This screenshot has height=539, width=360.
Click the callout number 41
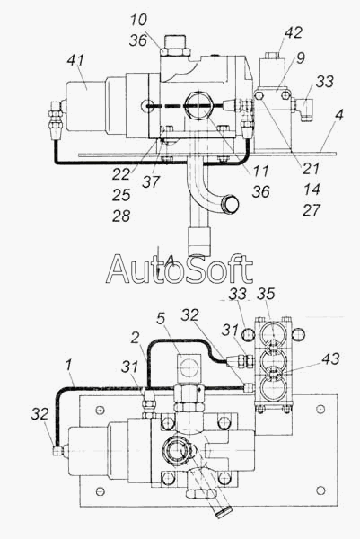click(75, 60)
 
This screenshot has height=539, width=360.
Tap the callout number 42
click(293, 32)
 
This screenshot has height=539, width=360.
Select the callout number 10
click(138, 20)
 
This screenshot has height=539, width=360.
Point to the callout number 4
click(338, 114)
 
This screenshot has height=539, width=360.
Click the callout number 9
click(300, 58)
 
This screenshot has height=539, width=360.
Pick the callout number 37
click(151, 181)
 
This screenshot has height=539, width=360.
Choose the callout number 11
click(260, 171)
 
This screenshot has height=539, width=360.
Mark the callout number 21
click(311, 169)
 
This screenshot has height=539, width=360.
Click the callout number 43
click(330, 358)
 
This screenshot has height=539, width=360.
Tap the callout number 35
click(266, 294)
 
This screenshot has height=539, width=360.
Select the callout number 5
click(161, 319)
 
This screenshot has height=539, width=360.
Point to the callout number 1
click(69, 365)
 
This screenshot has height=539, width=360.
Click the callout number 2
click(135, 339)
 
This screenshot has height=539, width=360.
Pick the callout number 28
click(121, 216)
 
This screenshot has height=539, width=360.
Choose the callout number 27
click(312, 210)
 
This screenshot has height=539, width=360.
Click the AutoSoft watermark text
click(179, 269)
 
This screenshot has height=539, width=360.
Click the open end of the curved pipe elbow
click(231, 203)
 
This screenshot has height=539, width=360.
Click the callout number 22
click(121, 174)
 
